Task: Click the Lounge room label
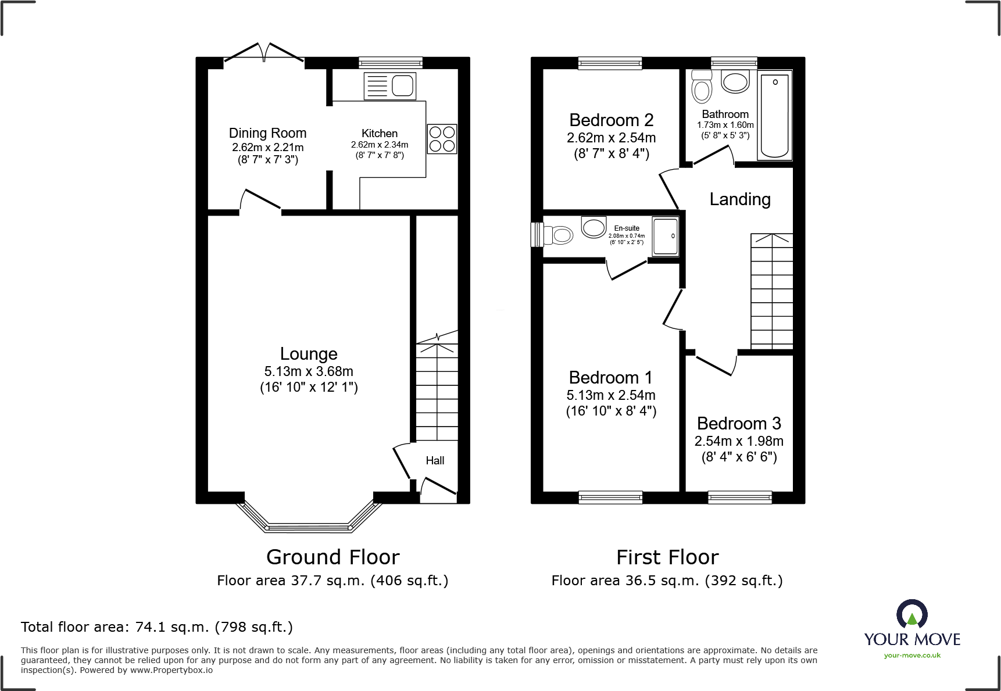pyautogui.click(x=309, y=354)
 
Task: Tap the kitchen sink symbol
pyautogui.click(x=389, y=86)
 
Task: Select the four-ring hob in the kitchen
pyautogui.click(x=442, y=138)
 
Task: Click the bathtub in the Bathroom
pyautogui.click(x=774, y=114)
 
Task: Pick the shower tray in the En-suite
pyautogui.click(x=666, y=236)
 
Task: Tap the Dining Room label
pyautogui.click(x=267, y=133)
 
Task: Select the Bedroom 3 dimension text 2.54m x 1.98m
pyautogui.click(x=739, y=441)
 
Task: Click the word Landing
pyautogui.click(x=740, y=199)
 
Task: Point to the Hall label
pyautogui.click(x=435, y=461)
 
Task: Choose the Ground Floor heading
pyautogui.click(x=333, y=557)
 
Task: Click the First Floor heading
pyautogui.click(x=667, y=557)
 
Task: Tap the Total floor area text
pyautogui.click(x=157, y=627)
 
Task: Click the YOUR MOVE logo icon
pyautogui.click(x=911, y=614)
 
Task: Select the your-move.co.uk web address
pyautogui.click(x=912, y=656)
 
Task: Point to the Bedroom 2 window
pyautogui.click(x=610, y=63)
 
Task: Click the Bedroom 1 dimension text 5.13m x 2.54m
pyautogui.click(x=611, y=395)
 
